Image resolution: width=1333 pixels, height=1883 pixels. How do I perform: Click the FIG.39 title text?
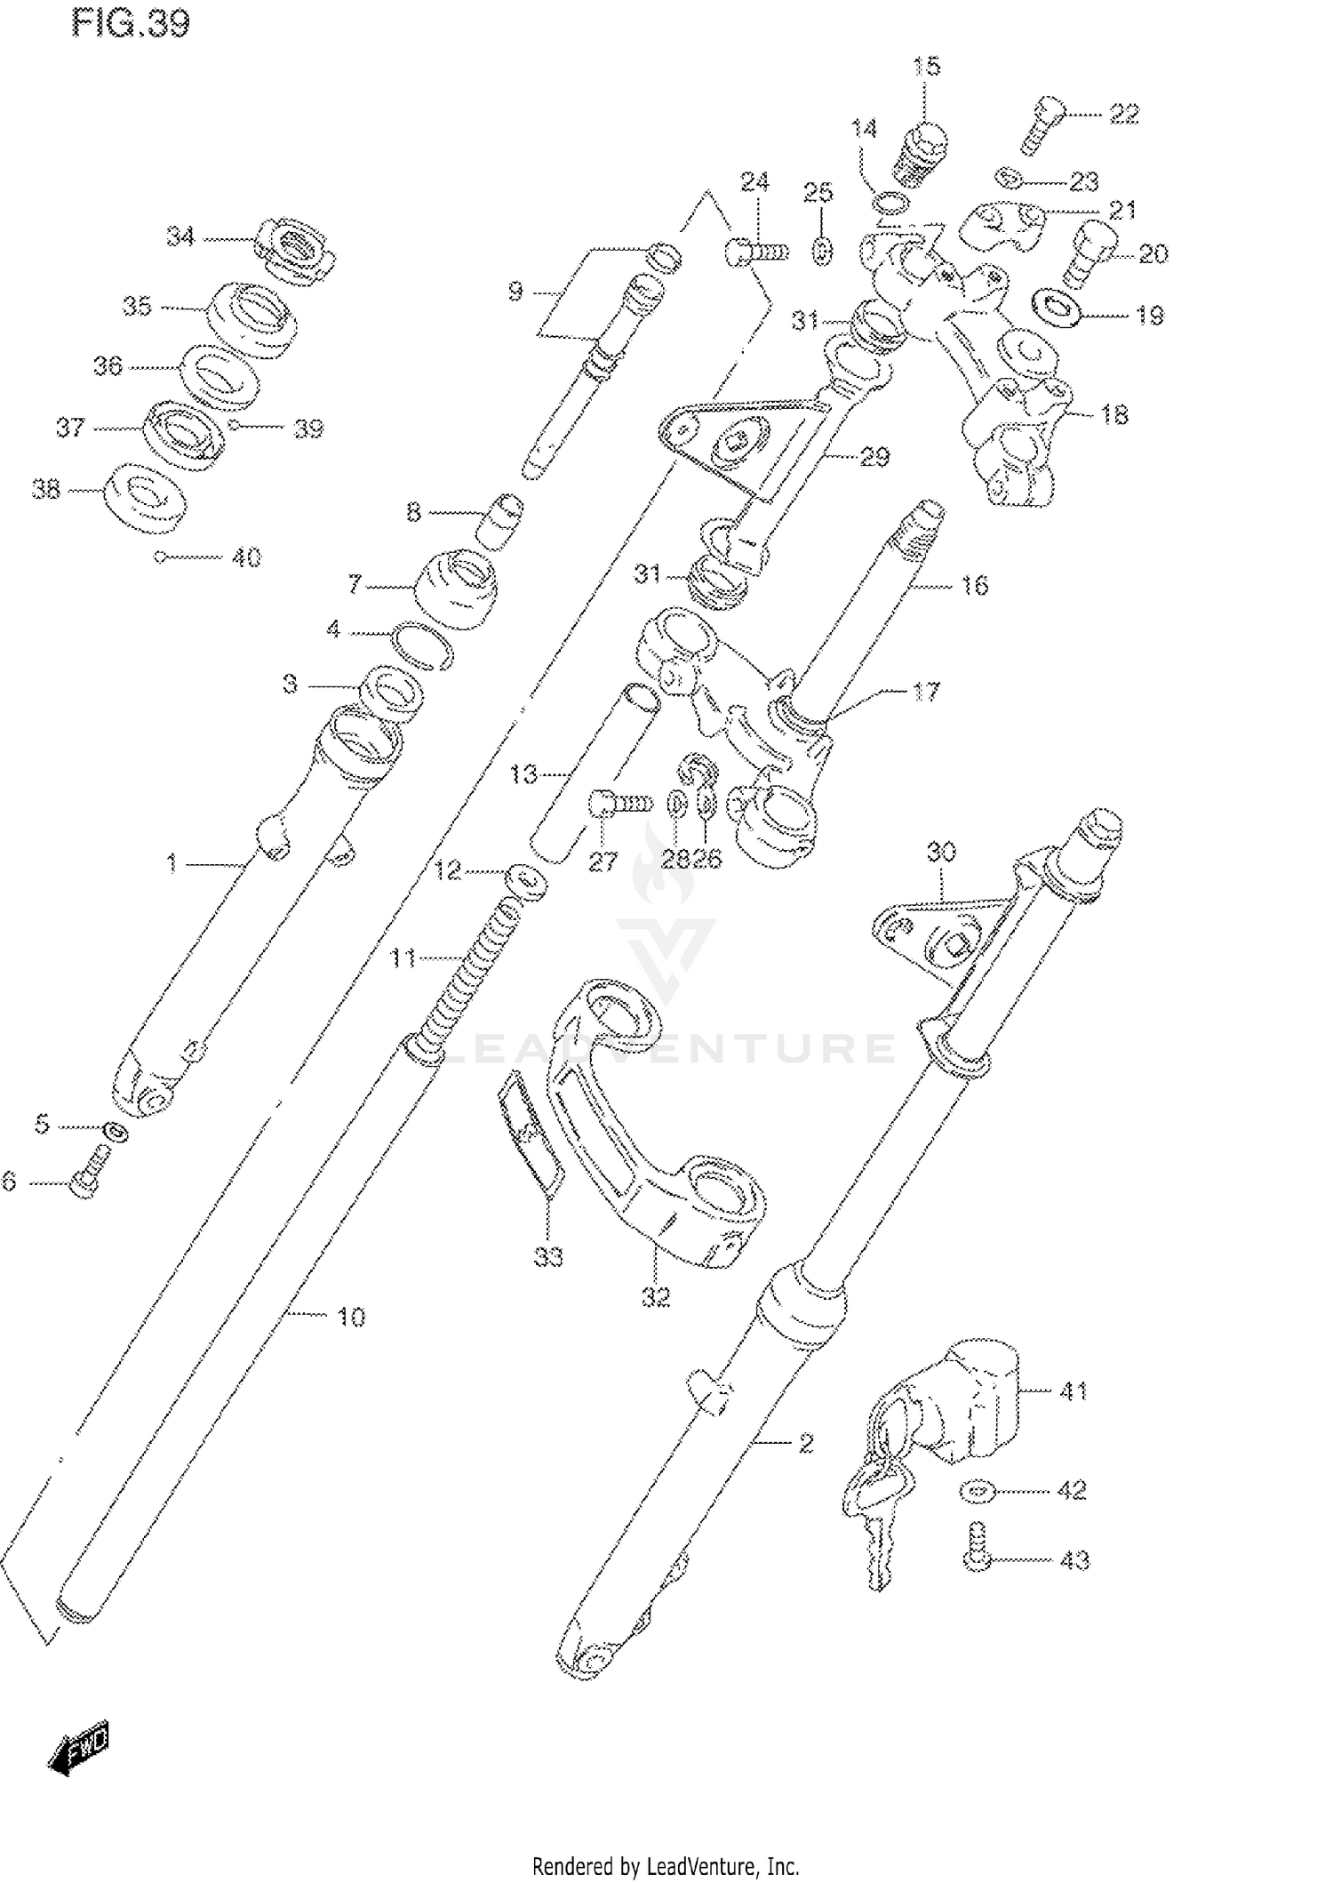click(131, 24)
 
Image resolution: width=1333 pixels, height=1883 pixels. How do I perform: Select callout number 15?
click(926, 67)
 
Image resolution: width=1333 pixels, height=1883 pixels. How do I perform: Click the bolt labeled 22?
click(1042, 124)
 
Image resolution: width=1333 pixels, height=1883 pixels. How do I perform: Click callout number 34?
click(180, 236)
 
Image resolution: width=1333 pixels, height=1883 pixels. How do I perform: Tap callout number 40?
click(246, 557)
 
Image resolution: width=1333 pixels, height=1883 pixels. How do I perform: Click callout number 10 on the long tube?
click(352, 1317)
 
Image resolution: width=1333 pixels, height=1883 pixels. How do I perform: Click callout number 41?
click(1074, 1390)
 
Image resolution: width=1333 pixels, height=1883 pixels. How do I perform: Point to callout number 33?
click(548, 1257)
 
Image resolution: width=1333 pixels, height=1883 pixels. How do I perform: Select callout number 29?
click(874, 457)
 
